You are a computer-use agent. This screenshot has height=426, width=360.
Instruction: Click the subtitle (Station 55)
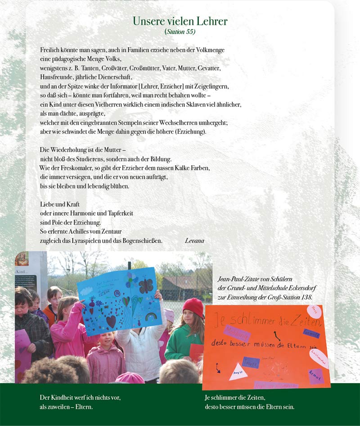point(180,32)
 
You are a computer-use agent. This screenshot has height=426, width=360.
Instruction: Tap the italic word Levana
point(194,241)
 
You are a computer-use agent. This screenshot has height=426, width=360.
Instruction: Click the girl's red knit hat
point(194,307)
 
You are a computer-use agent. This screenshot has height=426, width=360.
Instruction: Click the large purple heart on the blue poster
point(111,321)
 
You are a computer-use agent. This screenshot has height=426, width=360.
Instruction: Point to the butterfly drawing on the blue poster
point(145,286)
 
